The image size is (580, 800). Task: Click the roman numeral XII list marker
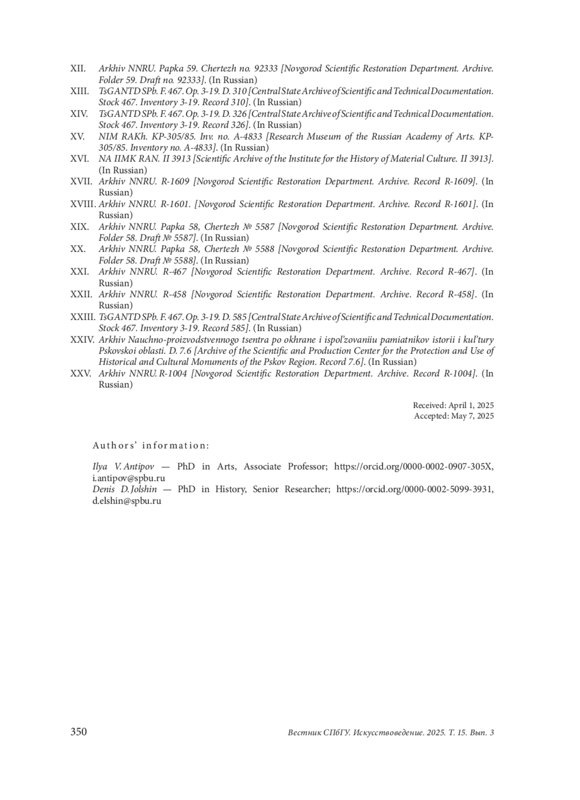(78, 69)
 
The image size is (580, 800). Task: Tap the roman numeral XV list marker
(77, 137)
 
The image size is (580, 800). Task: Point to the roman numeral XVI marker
(79, 159)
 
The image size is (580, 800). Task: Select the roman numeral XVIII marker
(83, 204)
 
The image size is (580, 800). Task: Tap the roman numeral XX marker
(78, 249)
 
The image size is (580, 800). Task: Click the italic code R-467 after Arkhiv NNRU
(174, 272)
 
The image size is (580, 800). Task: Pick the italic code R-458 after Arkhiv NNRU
(174, 294)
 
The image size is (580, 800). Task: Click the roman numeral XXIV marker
(82, 340)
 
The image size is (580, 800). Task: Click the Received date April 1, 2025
(471, 406)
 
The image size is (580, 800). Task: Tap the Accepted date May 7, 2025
(472, 416)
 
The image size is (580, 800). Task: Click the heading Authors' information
(151, 446)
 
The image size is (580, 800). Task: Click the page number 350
(79, 732)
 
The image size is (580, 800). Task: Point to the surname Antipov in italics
(139, 467)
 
